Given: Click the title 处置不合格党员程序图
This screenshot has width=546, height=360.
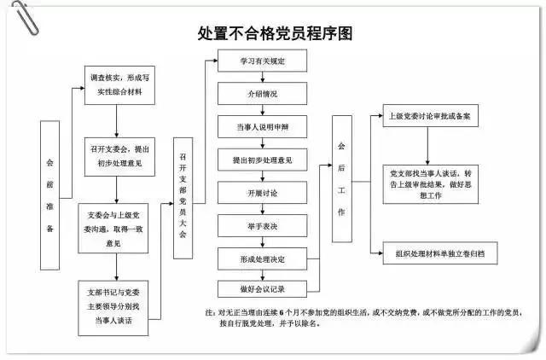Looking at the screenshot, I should pyautogui.click(x=274, y=34).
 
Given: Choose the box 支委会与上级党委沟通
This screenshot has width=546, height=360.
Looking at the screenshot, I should pyautogui.click(x=116, y=224).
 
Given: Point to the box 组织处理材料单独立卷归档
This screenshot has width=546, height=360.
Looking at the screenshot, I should pyautogui.click(x=440, y=253).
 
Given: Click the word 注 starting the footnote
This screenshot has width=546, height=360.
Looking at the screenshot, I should pyautogui.click(x=210, y=312).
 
